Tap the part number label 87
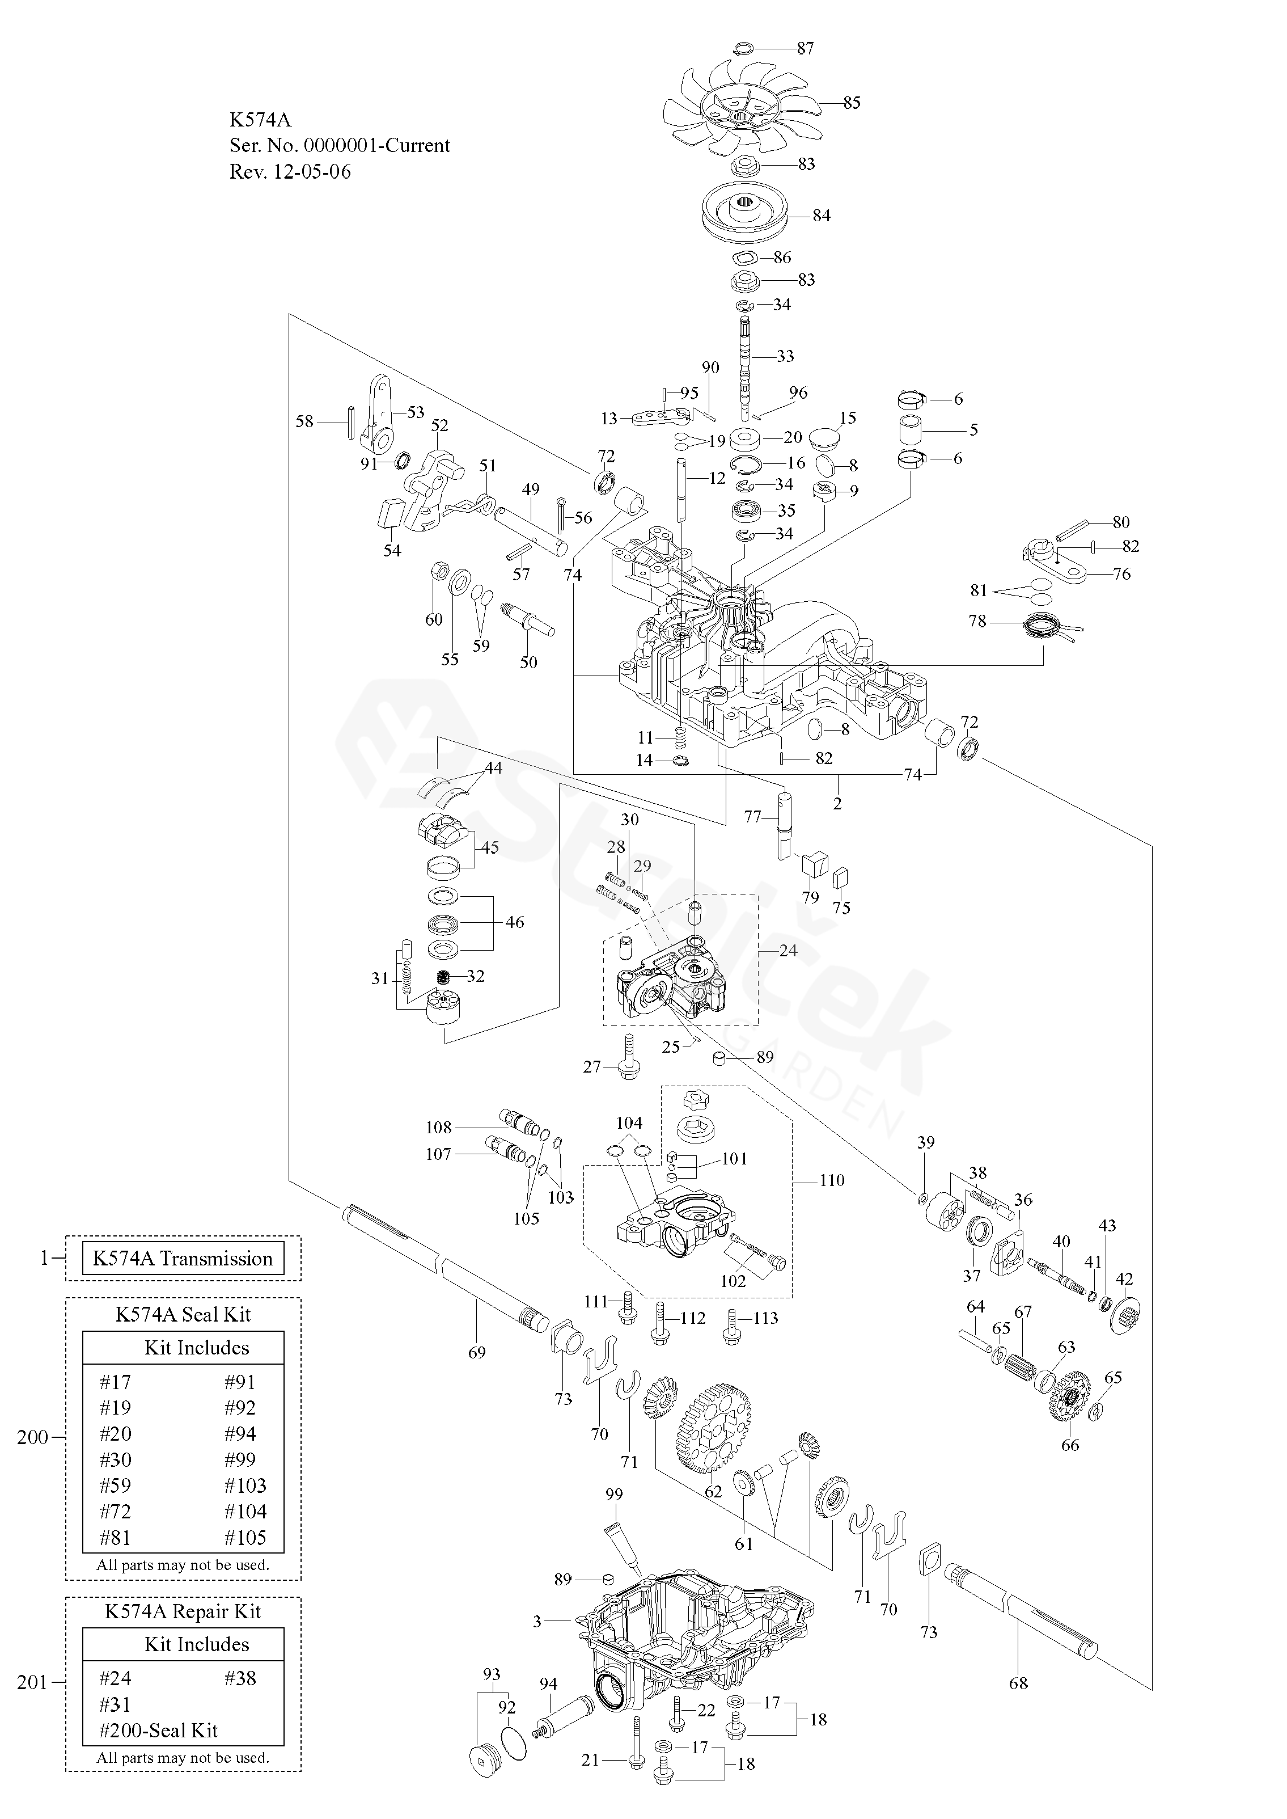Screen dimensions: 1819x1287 tap(805, 48)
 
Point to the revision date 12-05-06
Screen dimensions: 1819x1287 tap(312, 172)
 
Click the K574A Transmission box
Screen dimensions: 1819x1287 tap(183, 1259)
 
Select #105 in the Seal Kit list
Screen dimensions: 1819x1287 tap(245, 1538)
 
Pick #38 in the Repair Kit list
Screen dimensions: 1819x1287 tap(240, 1678)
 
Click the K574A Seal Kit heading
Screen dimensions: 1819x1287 tap(183, 1314)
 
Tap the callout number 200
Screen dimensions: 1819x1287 tap(32, 1437)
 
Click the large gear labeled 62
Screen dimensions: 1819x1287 tap(714, 1426)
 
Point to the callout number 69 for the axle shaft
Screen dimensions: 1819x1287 tap(476, 1352)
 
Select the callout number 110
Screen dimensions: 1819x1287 tap(832, 1180)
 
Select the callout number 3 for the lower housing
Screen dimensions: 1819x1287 tap(537, 1622)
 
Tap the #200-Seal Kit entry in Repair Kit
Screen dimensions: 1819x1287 tap(159, 1730)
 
